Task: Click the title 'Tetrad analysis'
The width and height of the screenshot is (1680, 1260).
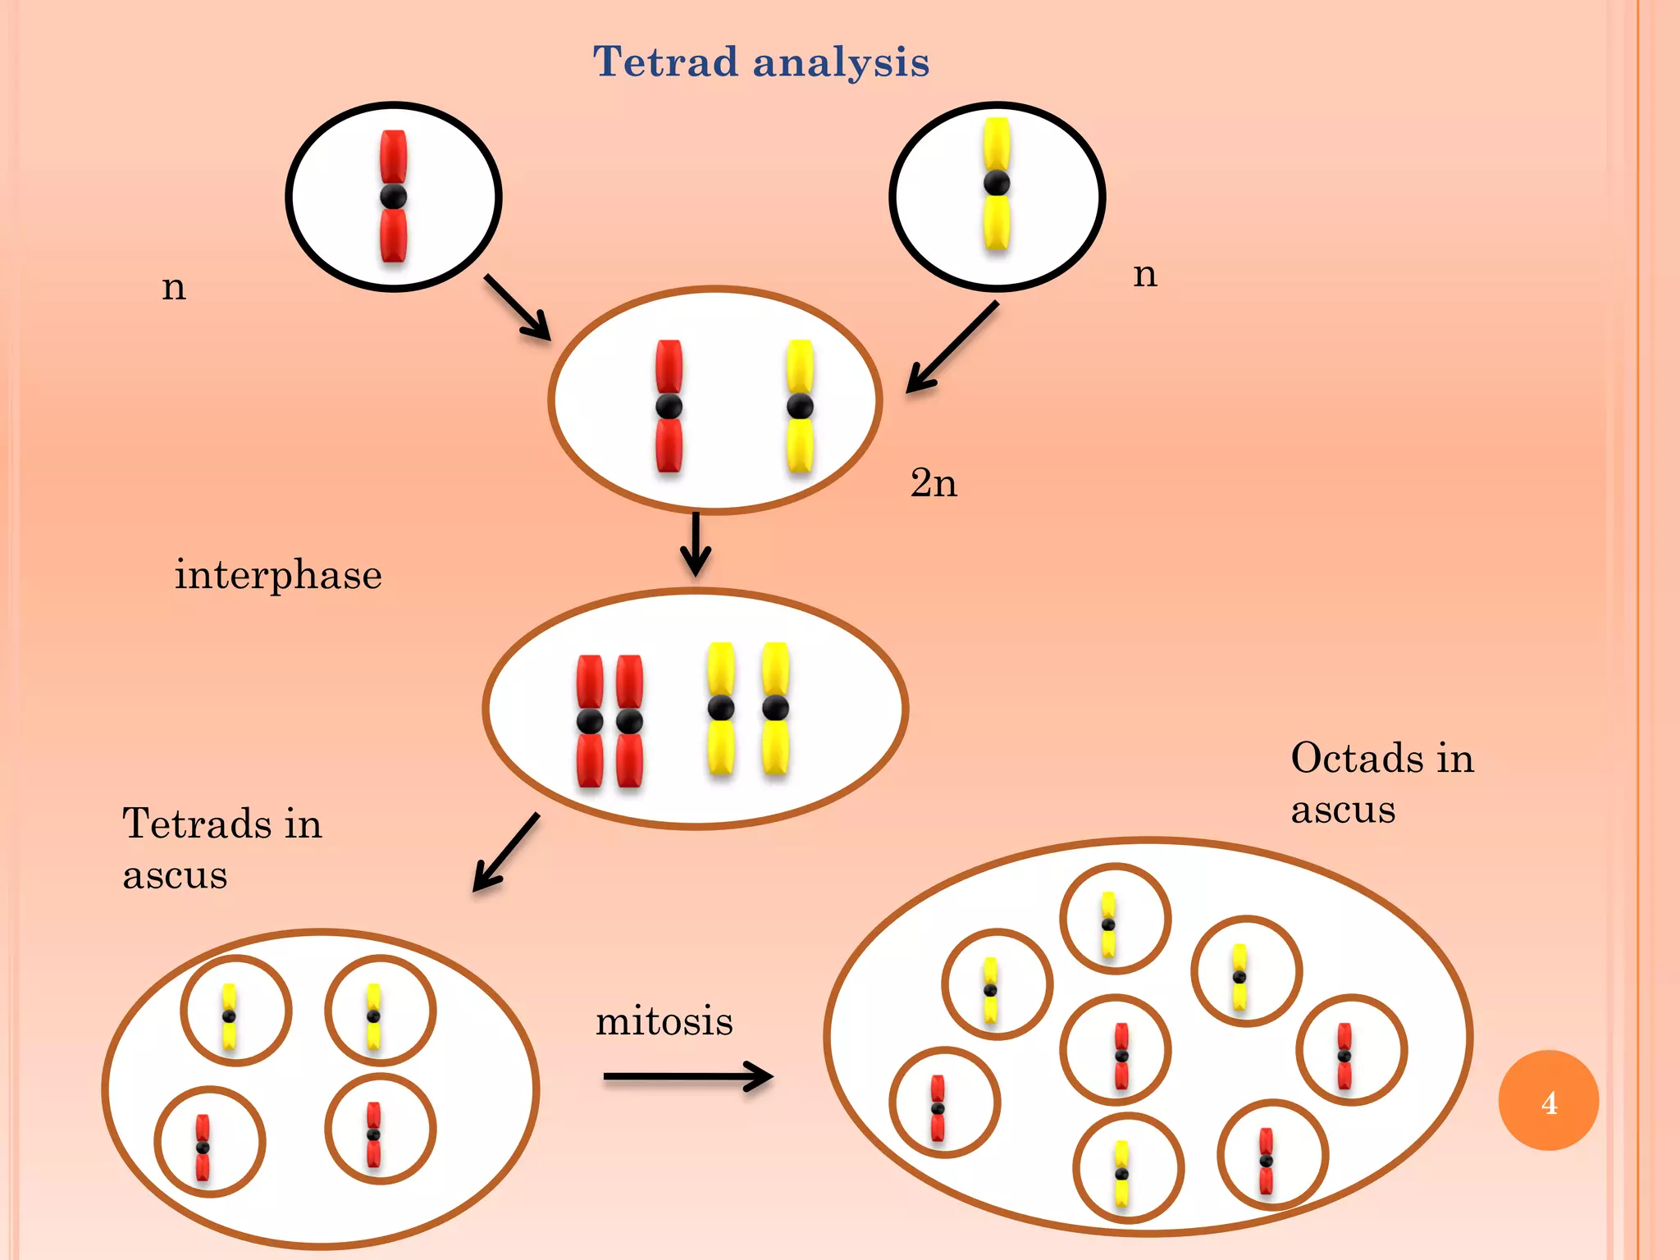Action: tap(761, 62)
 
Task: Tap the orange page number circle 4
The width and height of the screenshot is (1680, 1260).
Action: tap(1548, 1100)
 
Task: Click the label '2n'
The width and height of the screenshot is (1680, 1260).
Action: tap(934, 482)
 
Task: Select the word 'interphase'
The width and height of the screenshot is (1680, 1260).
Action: tap(278, 574)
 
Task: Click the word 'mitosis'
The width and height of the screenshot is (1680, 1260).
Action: tap(664, 1021)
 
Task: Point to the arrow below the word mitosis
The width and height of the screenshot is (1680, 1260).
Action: tap(687, 1076)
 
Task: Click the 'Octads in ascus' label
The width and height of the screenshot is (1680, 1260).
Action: tap(1382, 783)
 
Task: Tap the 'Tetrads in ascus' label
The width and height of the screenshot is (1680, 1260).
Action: tap(222, 848)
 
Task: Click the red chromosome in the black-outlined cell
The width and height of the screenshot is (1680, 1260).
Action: tap(394, 197)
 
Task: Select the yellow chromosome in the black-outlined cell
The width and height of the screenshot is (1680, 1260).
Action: tap(997, 184)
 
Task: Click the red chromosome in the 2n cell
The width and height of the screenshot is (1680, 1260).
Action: tap(669, 406)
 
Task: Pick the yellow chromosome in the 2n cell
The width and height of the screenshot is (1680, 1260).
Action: tap(800, 406)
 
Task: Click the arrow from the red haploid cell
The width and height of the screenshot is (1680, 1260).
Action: tap(518, 308)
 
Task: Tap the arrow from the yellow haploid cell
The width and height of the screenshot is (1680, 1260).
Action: tap(952, 348)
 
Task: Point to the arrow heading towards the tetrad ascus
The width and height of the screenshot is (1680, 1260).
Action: tap(506, 853)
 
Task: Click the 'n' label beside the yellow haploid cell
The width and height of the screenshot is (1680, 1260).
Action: tap(1145, 275)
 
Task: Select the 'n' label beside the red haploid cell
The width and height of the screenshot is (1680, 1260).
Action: tap(174, 288)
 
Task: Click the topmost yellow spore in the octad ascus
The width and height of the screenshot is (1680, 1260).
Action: tap(1108, 924)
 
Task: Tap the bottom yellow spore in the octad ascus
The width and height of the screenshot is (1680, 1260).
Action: tap(1121, 1174)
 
